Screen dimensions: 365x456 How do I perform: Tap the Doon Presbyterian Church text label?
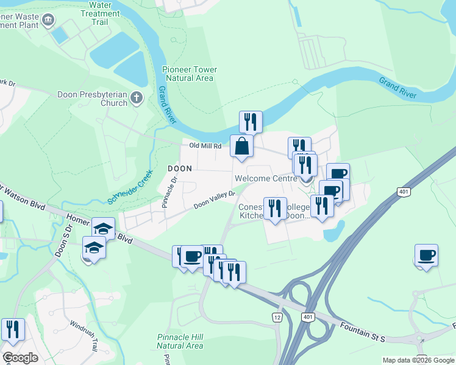click(x=93, y=99)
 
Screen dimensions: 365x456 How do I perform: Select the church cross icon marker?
click(x=137, y=97)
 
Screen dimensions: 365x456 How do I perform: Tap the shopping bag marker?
click(x=242, y=146)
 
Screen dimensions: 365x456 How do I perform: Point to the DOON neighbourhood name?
click(x=180, y=168)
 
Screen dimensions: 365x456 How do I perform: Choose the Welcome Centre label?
click(x=264, y=178)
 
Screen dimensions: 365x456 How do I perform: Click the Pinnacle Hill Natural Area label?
click(x=180, y=341)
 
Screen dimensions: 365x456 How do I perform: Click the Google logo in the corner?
click(x=20, y=358)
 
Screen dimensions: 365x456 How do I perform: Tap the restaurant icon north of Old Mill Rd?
click(x=251, y=122)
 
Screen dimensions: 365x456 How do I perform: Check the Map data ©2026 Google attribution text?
click(x=418, y=360)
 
